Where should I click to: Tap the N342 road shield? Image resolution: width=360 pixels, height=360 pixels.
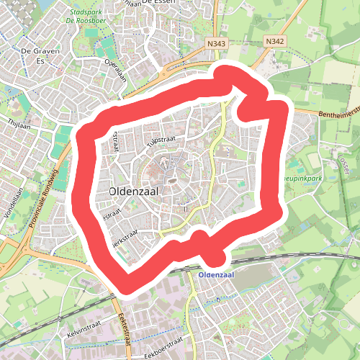[x=274, y=42]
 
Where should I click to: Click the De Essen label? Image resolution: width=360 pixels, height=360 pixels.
[x=159, y=3]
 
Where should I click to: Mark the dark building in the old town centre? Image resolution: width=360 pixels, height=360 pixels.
[x=174, y=181]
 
